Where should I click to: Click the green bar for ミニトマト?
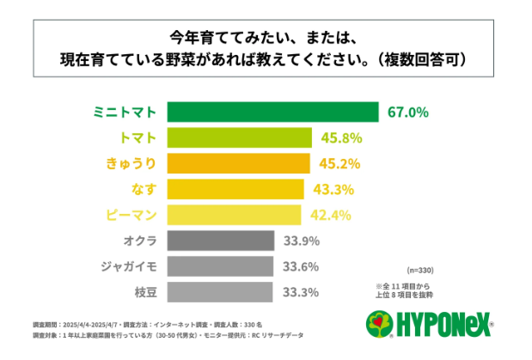coord(272,113)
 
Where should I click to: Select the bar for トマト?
coord(239,137)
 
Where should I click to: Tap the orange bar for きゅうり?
coord(238,163)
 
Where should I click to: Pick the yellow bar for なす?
coord(235,189)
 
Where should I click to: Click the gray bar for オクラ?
coord(220,241)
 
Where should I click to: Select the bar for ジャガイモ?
coord(219,266)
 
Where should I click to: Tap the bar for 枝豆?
coord(219,292)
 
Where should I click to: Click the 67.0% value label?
coord(408,113)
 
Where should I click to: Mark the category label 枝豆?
coord(142,292)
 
